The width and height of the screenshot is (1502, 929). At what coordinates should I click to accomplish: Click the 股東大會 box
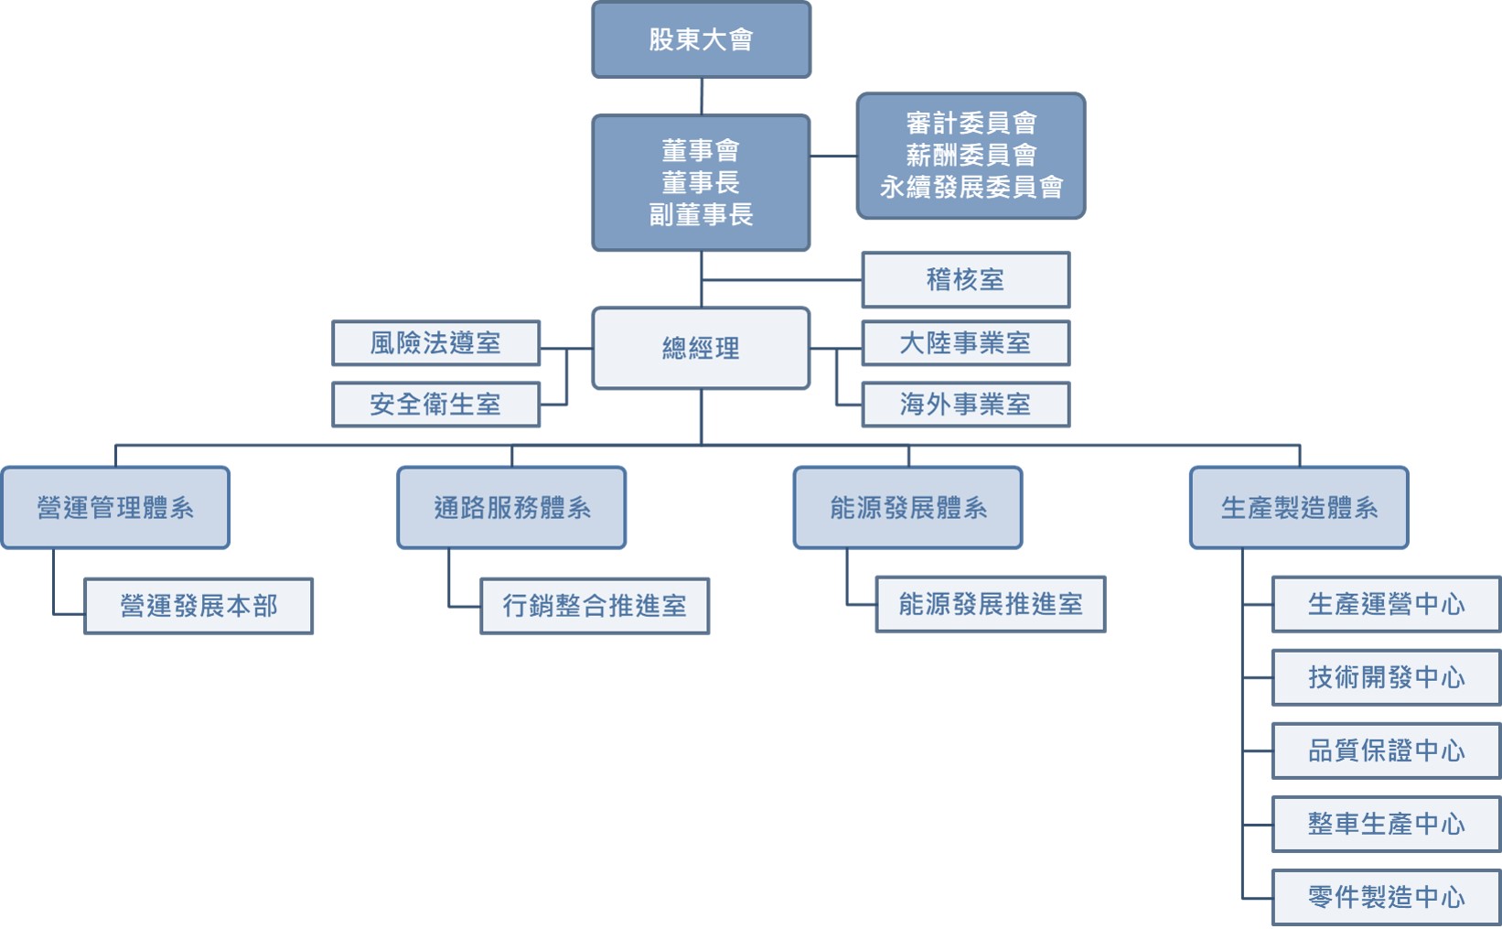[701, 39]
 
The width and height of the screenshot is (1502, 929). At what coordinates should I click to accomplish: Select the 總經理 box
[701, 348]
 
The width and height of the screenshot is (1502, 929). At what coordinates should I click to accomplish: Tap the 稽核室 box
[965, 280]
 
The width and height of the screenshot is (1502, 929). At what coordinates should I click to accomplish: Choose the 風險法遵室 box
[435, 343]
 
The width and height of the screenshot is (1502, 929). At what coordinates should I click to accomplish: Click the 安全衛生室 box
[435, 405]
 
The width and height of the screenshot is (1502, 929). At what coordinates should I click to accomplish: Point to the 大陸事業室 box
[965, 343]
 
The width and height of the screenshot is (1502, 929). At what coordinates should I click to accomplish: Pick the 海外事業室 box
[965, 405]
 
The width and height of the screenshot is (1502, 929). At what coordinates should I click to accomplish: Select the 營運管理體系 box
[115, 508]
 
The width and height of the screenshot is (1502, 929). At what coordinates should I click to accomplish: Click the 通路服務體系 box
[511, 508]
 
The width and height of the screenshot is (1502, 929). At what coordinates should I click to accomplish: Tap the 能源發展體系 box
[907, 508]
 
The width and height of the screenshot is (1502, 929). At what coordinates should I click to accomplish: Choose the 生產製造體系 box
[1299, 508]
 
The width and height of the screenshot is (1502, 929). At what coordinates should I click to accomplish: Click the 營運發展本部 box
[198, 606]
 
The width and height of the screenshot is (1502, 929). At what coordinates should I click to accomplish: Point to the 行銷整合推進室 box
[595, 606]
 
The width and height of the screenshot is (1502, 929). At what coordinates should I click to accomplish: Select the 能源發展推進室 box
[991, 604]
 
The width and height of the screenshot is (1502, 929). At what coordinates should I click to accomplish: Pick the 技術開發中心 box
[1386, 677]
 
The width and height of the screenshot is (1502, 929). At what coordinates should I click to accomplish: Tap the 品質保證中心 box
[1386, 751]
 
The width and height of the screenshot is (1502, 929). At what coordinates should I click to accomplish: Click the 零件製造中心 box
[1386, 897]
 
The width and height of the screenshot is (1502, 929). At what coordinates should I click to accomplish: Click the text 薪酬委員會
[971, 156]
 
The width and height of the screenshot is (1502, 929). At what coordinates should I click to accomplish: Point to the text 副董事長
[701, 215]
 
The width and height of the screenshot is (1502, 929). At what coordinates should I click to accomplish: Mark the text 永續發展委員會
[971, 188]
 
